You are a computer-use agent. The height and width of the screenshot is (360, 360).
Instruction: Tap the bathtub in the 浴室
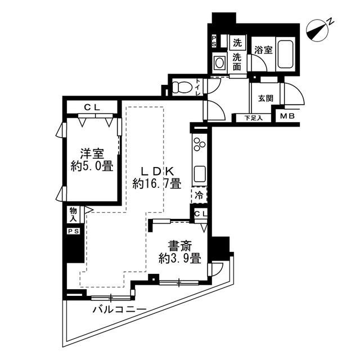click(285, 55)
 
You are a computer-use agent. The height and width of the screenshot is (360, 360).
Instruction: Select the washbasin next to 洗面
click(220, 62)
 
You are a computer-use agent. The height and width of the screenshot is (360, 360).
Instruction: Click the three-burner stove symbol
click(199, 145)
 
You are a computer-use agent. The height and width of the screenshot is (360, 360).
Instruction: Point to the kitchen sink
click(200, 174)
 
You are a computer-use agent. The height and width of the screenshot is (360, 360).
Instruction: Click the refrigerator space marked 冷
click(199, 195)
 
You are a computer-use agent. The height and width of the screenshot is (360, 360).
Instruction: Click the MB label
click(287, 116)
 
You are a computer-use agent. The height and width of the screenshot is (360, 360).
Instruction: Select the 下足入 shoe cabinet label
click(254, 118)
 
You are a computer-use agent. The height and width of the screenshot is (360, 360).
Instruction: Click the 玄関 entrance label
click(265, 98)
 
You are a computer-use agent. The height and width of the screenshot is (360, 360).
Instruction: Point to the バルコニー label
click(119, 310)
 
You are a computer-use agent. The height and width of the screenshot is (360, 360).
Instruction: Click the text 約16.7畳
click(157, 184)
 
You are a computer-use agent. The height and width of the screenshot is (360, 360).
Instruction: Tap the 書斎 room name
click(180, 246)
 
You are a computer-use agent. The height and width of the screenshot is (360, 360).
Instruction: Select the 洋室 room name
click(92, 154)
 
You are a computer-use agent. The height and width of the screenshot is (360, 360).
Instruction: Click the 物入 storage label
click(73, 214)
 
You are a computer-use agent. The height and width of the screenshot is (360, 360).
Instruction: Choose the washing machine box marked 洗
click(237, 43)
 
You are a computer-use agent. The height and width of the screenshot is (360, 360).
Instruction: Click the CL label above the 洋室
click(92, 107)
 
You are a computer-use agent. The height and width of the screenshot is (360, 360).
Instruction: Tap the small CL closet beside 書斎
click(200, 214)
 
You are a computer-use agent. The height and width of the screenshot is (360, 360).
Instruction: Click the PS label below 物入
click(74, 231)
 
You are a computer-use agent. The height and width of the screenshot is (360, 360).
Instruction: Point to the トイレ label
click(199, 87)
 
